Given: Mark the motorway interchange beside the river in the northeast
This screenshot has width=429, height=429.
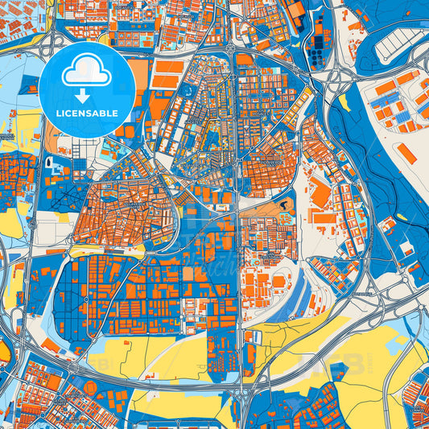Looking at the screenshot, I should (x=339, y=78).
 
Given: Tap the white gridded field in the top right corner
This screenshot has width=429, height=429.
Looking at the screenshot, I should (x=399, y=37).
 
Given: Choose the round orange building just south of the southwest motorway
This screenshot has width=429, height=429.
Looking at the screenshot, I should (x=90, y=388).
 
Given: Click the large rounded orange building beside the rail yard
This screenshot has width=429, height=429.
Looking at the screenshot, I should (x=278, y=282).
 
